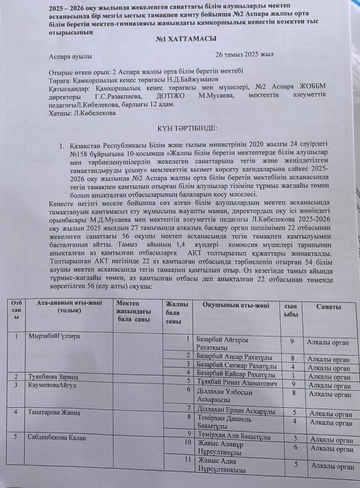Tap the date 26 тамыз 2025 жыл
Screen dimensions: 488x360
244,54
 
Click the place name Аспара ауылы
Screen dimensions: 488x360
70,57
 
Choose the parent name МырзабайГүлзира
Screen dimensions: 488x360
54,336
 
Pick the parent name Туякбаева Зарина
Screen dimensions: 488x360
53,377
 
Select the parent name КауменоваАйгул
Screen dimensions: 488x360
52,385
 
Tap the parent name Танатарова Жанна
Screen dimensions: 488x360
54,412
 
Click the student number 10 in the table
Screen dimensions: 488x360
187,442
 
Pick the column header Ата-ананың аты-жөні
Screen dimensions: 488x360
69,306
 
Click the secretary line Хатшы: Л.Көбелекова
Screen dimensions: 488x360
82,113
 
